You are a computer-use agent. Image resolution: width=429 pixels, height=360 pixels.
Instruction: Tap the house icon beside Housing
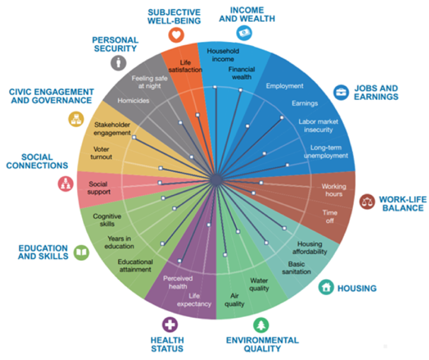click(326, 287)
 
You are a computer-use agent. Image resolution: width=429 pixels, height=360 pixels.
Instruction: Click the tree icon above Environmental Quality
click(261, 325)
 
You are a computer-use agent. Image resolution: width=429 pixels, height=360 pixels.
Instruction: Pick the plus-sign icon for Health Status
click(169, 324)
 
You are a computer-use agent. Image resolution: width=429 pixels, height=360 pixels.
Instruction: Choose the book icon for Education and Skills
click(81, 253)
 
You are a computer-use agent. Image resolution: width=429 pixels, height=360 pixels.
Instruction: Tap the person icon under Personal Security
click(118, 63)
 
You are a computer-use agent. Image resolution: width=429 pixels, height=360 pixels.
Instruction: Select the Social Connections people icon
click(65, 184)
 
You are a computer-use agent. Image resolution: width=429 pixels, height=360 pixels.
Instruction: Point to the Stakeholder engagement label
click(112, 129)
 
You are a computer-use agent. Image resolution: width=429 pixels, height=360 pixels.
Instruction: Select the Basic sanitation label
click(299, 268)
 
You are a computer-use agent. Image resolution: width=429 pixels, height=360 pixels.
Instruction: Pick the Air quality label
click(234, 299)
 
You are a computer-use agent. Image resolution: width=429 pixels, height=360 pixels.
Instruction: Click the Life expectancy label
click(193, 300)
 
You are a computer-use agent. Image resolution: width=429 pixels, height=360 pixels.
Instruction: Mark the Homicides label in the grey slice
click(133, 101)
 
